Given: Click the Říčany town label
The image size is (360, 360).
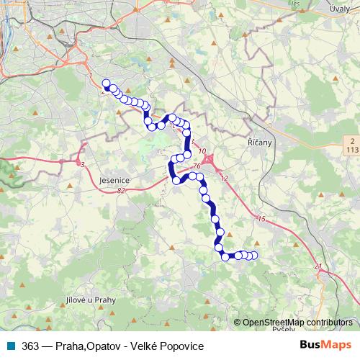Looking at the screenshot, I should [259, 143].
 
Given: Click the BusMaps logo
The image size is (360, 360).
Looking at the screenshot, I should [326, 346].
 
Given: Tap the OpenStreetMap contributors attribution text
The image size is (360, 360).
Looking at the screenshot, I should [297, 322].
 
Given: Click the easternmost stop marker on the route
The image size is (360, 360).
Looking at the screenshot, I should [253, 256].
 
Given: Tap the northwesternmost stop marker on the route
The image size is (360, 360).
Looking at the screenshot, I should [107, 84].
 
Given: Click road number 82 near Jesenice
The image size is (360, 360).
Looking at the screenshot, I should [120, 191].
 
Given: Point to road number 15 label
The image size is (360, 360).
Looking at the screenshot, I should [261, 218].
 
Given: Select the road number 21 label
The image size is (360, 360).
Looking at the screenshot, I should [318, 267].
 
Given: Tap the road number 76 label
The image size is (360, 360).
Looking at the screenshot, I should [196, 166].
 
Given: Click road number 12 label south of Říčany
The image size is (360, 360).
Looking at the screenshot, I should [224, 178].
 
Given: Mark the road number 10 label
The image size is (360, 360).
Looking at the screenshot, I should [203, 152].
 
